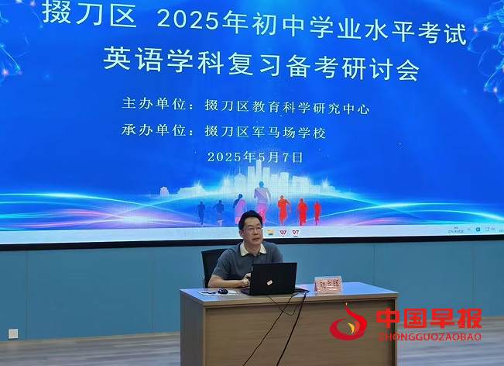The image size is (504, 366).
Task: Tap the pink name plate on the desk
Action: coord(327,285)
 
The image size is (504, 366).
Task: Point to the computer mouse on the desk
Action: coord(223,291)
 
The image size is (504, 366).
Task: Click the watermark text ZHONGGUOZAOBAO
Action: coord(430,337)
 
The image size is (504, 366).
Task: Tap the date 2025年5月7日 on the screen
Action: coord(255,157)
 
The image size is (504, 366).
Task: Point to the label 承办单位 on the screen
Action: coord(155,132)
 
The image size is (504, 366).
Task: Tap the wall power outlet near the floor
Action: coord(12,333)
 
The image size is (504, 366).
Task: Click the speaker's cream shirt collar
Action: coord(251,250)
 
